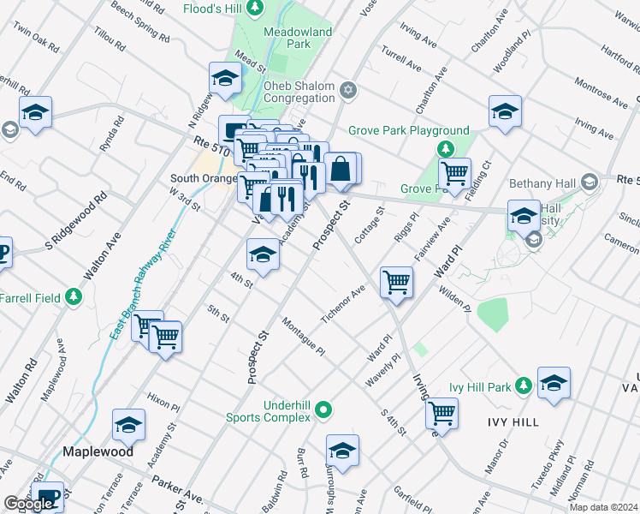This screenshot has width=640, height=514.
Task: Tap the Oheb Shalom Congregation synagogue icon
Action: [348, 90]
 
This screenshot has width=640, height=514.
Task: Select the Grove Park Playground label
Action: [409, 131]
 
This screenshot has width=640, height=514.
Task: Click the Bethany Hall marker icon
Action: [590, 182]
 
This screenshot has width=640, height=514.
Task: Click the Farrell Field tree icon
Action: [74, 297]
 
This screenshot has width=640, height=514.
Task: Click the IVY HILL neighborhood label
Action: [513, 422]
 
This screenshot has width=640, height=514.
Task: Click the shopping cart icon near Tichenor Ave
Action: [396, 280]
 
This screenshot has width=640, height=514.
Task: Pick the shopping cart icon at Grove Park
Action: [454, 173]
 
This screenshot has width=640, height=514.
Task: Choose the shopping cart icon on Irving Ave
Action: [441, 412]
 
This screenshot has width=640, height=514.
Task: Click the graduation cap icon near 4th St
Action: [263, 253]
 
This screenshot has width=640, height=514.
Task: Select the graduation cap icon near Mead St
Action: [225, 78]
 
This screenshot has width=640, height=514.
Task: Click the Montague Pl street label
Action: [304, 336]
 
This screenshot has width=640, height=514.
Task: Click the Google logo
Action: [27, 504]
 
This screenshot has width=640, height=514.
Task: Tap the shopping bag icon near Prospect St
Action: [341, 169]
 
